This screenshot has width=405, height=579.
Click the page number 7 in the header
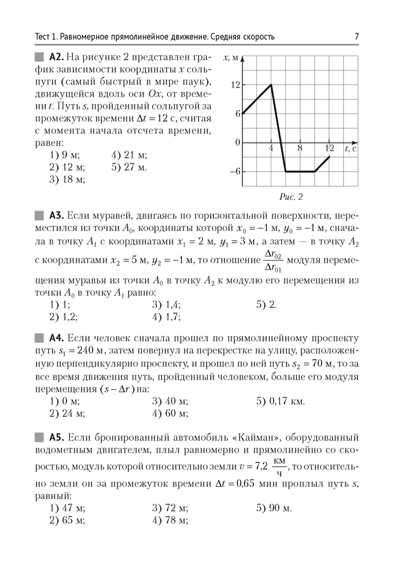tap(356, 37)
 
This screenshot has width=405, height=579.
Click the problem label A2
tap(56, 57)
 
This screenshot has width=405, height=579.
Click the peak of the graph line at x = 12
tap(271, 85)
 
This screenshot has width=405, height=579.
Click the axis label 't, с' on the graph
tap(350, 149)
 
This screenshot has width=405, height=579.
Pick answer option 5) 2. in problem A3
tap(266, 304)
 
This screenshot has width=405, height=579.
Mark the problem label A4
tap(56, 338)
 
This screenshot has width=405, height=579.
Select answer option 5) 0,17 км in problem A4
tap(280, 401)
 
